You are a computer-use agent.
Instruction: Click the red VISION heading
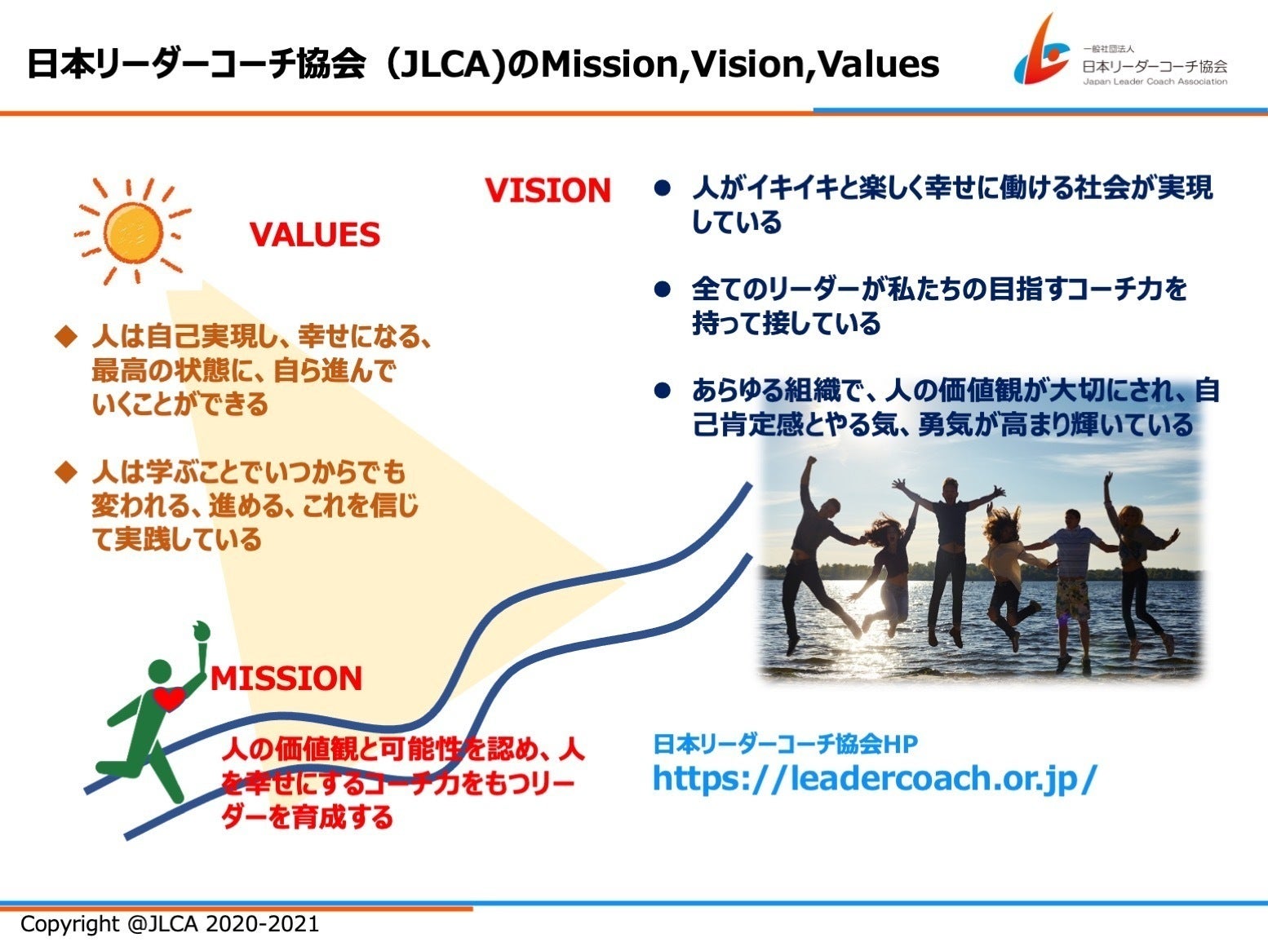548,191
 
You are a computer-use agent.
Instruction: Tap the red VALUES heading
315,235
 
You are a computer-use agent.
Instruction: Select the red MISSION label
286,678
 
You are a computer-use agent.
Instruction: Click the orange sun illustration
133,232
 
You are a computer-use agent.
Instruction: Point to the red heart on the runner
169,698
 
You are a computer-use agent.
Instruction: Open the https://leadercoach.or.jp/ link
874,778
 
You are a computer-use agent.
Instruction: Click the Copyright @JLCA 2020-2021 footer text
170,924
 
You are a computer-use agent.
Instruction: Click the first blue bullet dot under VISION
662,188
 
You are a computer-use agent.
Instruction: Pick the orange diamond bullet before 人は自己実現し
66,337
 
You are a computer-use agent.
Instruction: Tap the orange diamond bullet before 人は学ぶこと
66,472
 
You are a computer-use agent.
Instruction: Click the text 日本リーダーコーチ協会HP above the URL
785,744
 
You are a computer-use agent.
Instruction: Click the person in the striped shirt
1070,583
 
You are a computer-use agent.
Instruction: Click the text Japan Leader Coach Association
1155,82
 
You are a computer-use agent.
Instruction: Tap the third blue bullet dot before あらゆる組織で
662,391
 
